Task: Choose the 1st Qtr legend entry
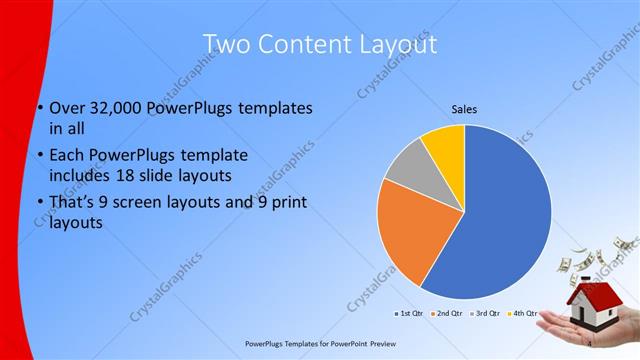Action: (x=408, y=313)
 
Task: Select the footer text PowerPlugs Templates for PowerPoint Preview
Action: (x=319, y=343)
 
